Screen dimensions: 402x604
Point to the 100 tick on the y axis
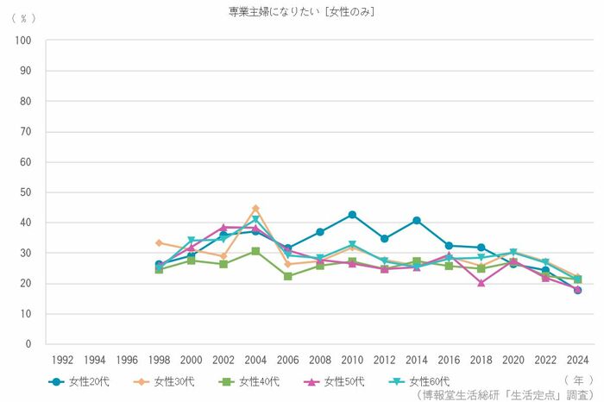[x=23, y=41]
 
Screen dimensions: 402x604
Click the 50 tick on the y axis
[x=26, y=192]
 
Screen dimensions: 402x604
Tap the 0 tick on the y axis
[x=28, y=344]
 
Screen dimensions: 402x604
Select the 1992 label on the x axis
[x=63, y=360]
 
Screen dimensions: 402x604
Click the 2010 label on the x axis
[x=352, y=360]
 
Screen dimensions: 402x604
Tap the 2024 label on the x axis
[x=577, y=360]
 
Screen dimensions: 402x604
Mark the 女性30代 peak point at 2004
[x=255, y=208]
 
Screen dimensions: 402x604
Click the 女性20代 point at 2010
[x=352, y=215]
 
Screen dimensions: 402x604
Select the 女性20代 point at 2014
[x=417, y=221]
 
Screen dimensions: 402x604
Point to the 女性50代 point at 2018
[x=481, y=282]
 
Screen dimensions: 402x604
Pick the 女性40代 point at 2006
[x=287, y=276]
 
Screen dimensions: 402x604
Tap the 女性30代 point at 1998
[x=159, y=243]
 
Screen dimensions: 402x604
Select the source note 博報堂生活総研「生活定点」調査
[x=505, y=394]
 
